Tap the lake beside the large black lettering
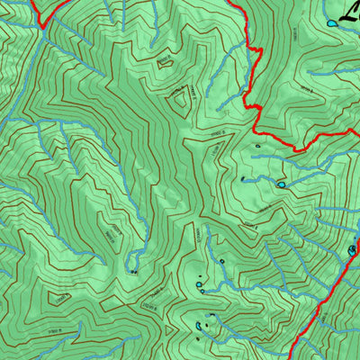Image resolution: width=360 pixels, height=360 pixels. (332, 22)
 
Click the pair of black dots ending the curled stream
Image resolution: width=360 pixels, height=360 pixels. (135, 270)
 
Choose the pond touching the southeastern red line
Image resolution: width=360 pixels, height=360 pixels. (351, 249)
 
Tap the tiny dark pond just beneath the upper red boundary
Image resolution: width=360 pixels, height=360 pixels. (257, 146)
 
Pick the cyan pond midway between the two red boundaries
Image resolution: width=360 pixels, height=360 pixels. (282, 185)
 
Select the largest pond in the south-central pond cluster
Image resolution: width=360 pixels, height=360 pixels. (199, 284)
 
